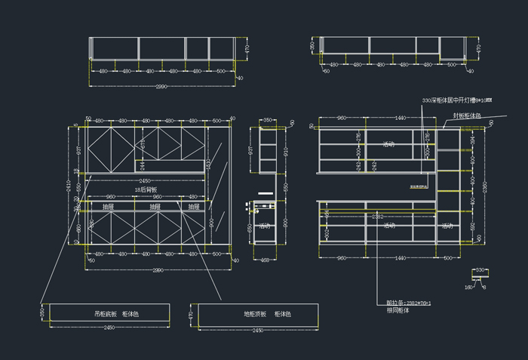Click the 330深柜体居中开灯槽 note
click(x=457, y=100)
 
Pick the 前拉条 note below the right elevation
click(x=408, y=303)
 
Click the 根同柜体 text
click(x=397, y=309)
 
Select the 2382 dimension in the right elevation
click(x=379, y=217)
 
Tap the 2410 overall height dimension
click(x=69, y=186)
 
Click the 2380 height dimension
click(x=485, y=186)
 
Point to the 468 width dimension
click(x=266, y=260)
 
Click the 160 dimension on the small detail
click(x=468, y=287)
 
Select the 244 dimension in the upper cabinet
click(x=141, y=164)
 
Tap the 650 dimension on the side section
click(x=250, y=226)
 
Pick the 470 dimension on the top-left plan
click(x=246, y=48)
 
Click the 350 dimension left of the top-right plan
click(x=312, y=45)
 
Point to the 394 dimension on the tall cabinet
click(x=473, y=140)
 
